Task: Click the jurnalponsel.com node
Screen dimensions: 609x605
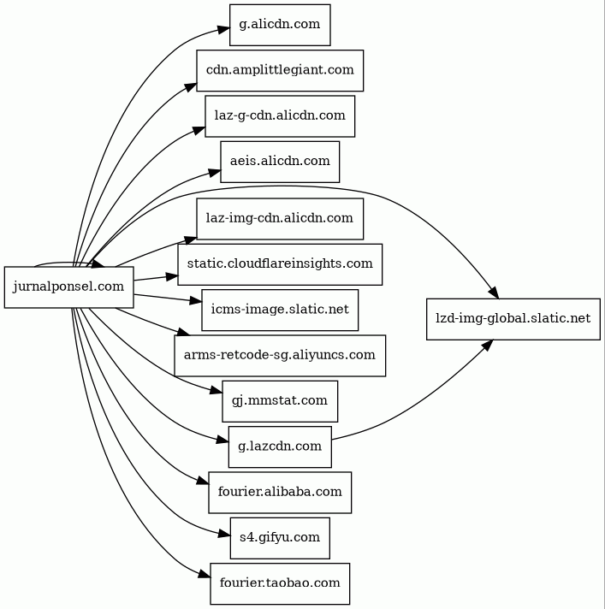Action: [x=68, y=287]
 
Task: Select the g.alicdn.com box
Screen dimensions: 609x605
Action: [x=280, y=24]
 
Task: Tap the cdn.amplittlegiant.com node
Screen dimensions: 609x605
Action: [x=280, y=70]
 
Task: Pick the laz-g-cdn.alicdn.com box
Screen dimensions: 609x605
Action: [x=280, y=115]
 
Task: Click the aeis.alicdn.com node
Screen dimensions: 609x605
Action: [x=280, y=161]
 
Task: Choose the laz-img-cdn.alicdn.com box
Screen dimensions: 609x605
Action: [x=280, y=218]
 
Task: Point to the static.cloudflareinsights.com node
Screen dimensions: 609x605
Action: [x=280, y=263]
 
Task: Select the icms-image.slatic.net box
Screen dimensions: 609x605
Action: [x=280, y=310]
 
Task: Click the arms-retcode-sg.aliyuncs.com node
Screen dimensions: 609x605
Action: [x=280, y=355]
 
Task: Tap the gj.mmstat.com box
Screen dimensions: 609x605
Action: [x=280, y=400]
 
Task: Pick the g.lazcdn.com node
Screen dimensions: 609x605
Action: [x=280, y=446]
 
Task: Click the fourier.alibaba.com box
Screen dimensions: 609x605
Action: [x=280, y=492]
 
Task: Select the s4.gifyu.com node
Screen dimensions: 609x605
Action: [x=280, y=537]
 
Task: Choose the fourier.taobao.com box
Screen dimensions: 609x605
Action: [x=280, y=583]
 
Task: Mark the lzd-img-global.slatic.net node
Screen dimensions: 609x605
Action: [x=513, y=318]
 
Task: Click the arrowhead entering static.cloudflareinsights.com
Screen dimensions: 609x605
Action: [x=171, y=275]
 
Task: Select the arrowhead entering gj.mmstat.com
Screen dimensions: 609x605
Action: [x=216, y=392]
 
